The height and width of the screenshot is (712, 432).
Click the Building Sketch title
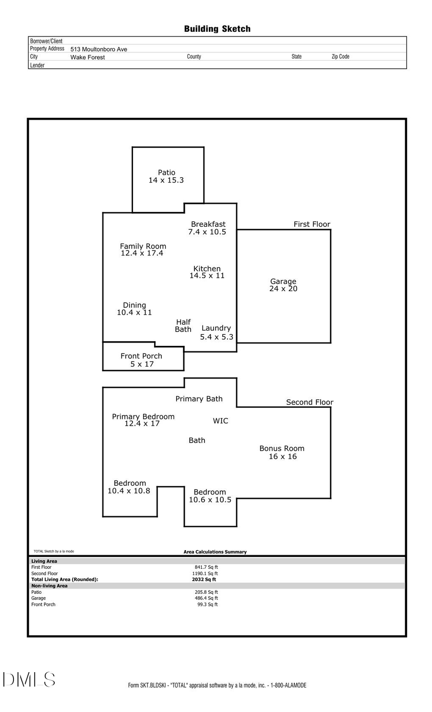click(x=217, y=29)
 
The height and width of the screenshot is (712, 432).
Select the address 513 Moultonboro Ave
click(x=98, y=49)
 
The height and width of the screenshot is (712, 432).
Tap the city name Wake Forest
click(x=87, y=57)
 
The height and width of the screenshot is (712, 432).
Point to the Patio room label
click(x=167, y=172)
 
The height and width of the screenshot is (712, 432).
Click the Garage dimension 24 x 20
click(x=283, y=289)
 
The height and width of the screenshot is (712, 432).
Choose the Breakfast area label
click(x=208, y=224)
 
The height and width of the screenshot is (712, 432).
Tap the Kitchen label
click(x=207, y=269)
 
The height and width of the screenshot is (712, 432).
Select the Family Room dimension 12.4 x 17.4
click(x=142, y=253)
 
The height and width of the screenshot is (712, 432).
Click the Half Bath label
click(x=183, y=326)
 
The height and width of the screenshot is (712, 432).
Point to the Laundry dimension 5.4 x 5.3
click(x=216, y=337)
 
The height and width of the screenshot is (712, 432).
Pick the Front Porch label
click(x=141, y=356)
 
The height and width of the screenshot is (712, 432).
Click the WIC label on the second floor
click(x=220, y=421)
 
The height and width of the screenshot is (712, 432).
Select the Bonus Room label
click(x=282, y=448)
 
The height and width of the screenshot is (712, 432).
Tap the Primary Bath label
click(x=199, y=399)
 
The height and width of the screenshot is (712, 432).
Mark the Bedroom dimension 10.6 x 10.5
click(x=210, y=500)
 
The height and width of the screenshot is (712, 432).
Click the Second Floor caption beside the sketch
click(x=310, y=402)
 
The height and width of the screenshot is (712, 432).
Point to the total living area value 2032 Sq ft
click(x=204, y=579)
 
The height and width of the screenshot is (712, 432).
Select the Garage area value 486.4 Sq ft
click(x=206, y=598)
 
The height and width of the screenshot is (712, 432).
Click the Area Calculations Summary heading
click(x=215, y=552)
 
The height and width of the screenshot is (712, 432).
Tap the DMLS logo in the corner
click(x=29, y=679)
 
